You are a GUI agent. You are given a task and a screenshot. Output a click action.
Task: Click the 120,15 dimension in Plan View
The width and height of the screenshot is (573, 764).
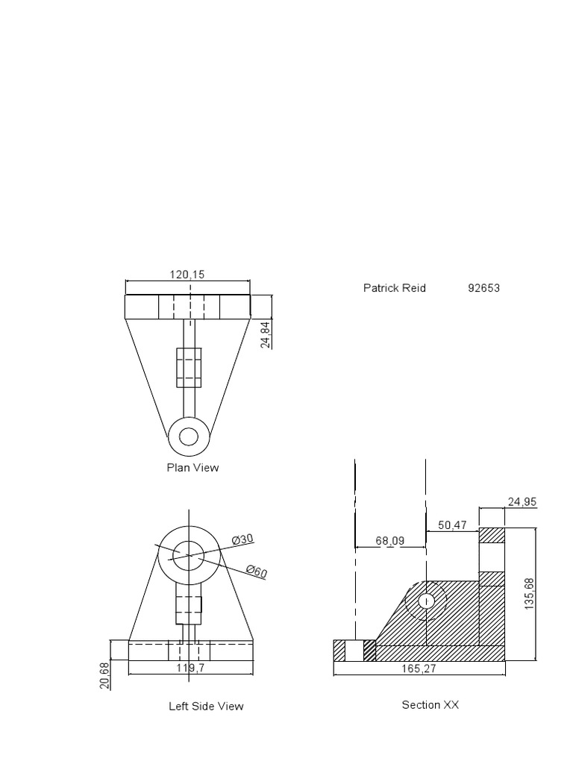[x=187, y=275]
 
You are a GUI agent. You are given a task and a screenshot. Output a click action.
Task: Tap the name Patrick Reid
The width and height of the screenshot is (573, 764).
[x=394, y=288]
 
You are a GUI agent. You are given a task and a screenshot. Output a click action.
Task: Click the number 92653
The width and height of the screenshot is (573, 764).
[x=483, y=288]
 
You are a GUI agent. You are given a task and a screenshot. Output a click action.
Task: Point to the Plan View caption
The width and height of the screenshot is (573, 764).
[x=192, y=468]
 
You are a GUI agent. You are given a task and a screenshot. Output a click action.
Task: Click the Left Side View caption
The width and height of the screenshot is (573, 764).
[x=206, y=706]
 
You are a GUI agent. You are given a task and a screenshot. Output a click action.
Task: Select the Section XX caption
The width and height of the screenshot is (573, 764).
[x=430, y=704]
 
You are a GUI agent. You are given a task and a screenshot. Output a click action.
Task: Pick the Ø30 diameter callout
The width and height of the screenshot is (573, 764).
[x=242, y=539]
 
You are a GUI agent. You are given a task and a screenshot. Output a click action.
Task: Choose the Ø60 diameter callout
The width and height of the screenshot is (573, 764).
[x=257, y=572]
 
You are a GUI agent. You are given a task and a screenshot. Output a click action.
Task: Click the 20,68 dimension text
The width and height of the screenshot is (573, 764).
[x=104, y=675]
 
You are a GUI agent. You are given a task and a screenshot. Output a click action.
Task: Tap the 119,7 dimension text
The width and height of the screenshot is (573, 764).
[x=191, y=668]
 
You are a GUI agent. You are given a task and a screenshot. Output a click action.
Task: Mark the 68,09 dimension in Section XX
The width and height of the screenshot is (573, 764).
[x=389, y=541]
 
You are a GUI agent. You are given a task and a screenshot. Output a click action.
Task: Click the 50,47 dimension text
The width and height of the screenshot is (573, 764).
[x=452, y=525]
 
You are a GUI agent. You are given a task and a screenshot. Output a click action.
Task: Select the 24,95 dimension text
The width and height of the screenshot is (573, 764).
[x=522, y=502]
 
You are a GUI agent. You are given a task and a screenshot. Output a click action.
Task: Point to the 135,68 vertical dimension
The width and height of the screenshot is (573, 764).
[x=530, y=594]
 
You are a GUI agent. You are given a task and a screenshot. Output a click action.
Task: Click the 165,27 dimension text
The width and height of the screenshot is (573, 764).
[x=419, y=669]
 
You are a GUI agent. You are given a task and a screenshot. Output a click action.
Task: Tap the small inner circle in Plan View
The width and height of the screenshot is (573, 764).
[x=189, y=436]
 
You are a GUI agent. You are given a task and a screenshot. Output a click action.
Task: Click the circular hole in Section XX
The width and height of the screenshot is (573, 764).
[x=426, y=601]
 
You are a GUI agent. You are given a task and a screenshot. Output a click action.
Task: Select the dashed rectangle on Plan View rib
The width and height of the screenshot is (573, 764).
[x=189, y=367]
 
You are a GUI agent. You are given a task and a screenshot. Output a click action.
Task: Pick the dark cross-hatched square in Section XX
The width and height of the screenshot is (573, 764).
[x=369, y=651]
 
